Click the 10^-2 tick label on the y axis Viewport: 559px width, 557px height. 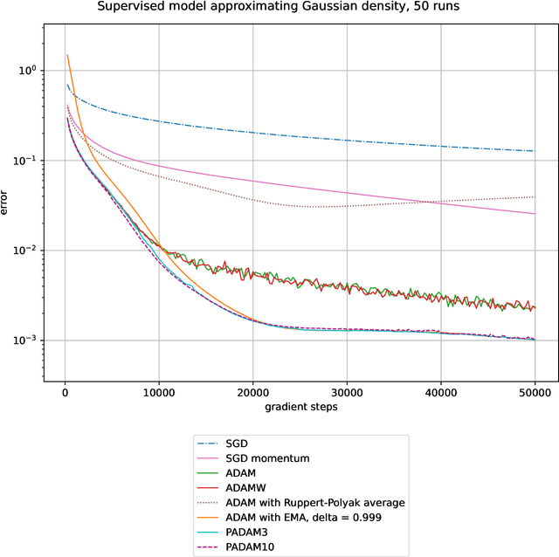(29, 250)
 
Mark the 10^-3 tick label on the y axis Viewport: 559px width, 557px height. (29, 340)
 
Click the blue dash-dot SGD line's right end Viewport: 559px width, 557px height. (535, 151)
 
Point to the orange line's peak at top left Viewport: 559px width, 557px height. (68, 55)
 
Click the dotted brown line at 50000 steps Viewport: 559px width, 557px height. (535, 196)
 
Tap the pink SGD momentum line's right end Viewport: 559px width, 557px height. (535, 214)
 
